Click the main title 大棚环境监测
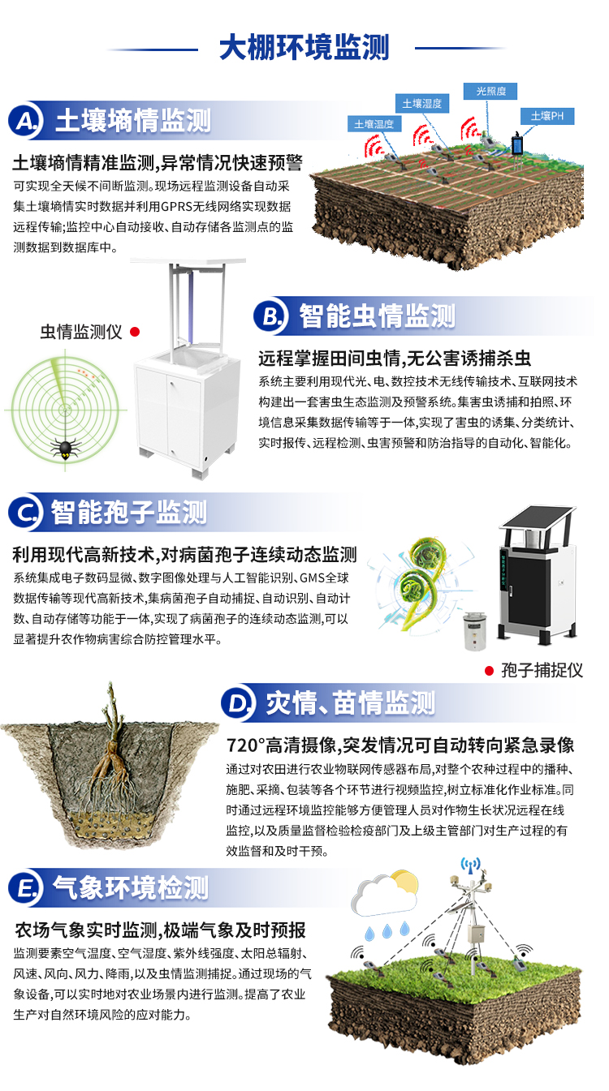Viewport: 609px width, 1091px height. [304, 47]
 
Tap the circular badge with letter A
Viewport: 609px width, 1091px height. [25, 122]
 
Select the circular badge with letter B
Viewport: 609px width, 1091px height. [270, 316]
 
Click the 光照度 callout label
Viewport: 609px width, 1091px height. [490, 92]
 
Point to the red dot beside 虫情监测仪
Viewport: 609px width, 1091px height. [136, 332]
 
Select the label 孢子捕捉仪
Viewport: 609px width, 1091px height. [542, 671]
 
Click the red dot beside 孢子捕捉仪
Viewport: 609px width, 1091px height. [489, 671]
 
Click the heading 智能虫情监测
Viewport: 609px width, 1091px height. [377, 316]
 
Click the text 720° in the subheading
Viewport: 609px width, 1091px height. [243, 745]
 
